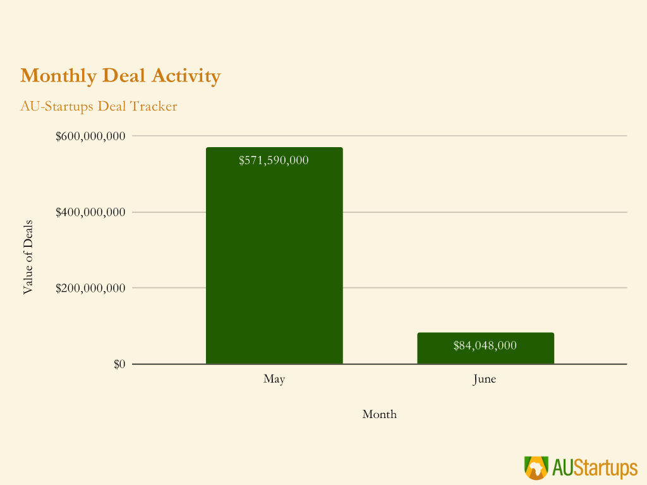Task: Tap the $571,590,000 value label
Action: click(x=274, y=160)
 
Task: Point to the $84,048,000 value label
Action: click(x=485, y=345)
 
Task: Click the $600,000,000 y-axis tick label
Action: click(x=90, y=136)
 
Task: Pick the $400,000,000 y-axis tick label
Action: click(x=90, y=212)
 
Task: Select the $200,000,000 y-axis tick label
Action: click(x=90, y=288)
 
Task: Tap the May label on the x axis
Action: click(x=274, y=379)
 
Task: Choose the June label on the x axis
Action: click(x=485, y=379)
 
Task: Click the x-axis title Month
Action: click(x=379, y=414)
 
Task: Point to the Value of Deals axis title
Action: click(x=28, y=257)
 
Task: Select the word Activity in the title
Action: click(x=186, y=76)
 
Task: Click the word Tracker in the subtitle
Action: click(x=154, y=106)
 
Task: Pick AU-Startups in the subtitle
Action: click(x=57, y=106)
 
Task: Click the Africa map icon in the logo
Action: click(x=536, y=468)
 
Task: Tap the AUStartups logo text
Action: click(x=595, y=468)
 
